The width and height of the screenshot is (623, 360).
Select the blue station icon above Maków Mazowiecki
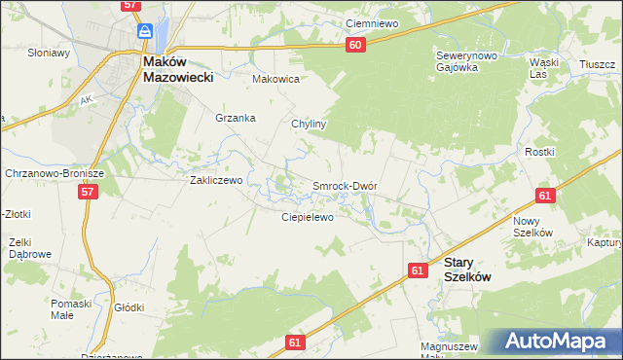pos(145,31)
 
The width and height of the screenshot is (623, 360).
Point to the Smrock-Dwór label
pos(344,185)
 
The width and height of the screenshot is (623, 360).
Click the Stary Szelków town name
pos(466,270)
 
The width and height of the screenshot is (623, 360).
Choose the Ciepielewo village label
pos(308,217)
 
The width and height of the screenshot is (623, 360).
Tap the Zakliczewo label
pos(217,180)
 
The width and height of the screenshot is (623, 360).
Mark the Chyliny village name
pos(309,125)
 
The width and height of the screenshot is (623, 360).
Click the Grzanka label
pos(235,118)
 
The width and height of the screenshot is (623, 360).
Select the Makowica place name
pos(275,79)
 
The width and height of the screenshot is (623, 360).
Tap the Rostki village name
pos(567,152)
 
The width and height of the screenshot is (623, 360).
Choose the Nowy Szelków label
pos(532,227)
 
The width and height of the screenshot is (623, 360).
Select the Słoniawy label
pos(49,53)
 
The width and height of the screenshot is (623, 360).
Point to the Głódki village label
pos(128,307)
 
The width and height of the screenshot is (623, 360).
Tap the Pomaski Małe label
pos(71,309)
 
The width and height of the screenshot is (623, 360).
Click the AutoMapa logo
pos(554,342)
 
